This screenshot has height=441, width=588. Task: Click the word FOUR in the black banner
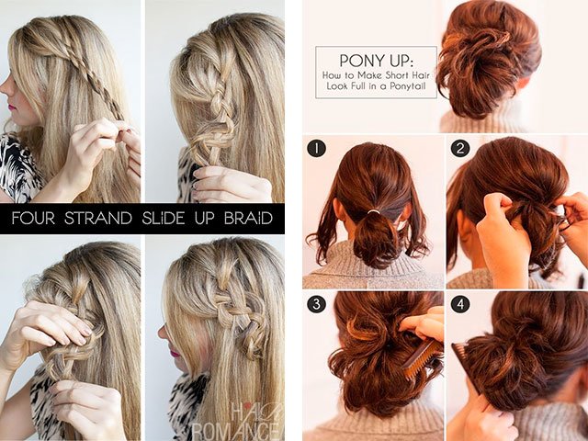pos(34,219)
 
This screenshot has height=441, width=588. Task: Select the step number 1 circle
pos(315,149)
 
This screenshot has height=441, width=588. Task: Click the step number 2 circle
pos(459,149)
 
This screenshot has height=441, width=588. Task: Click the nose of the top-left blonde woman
pos(5,87)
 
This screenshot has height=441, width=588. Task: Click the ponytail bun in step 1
pos(375,239)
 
